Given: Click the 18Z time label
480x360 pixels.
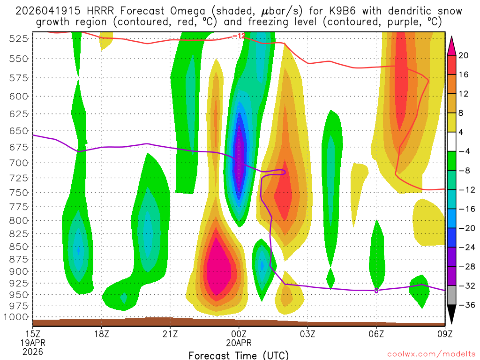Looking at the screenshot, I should coord(102,335).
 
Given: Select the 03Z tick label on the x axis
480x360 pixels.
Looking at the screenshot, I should coord(307,335).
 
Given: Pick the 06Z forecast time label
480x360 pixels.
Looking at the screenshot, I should coord(376,335).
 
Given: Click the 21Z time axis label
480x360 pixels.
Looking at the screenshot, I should coord(170,335).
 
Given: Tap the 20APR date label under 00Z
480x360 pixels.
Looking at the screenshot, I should coord(239,343).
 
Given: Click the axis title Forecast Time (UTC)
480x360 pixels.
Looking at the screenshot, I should coord(239,355).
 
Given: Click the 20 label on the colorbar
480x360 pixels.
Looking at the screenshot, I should coord(464,55).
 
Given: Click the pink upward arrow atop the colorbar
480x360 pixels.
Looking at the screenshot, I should coord(452,45).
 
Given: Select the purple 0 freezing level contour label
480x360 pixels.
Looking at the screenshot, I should coord(376,291).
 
